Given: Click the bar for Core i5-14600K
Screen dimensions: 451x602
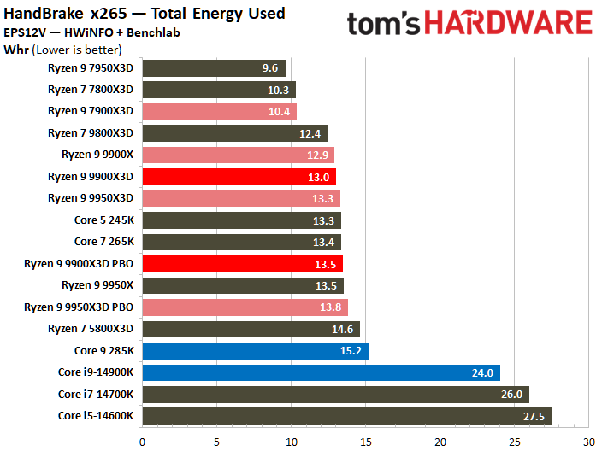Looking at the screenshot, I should point(346,416).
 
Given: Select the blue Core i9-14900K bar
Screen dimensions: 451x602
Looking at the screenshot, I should point(321,372).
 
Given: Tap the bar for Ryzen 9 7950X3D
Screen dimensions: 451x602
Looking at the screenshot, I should point(214,67).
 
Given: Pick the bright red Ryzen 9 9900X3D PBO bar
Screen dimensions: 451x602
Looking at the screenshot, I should point(242,264).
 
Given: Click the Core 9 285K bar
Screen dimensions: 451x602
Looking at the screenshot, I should point(255,350).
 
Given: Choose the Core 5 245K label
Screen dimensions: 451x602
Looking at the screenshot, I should point(103,220).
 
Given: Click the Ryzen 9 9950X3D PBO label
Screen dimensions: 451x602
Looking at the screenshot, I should point(79,307).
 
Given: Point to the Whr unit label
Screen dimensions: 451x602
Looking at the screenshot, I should point(16,50).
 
